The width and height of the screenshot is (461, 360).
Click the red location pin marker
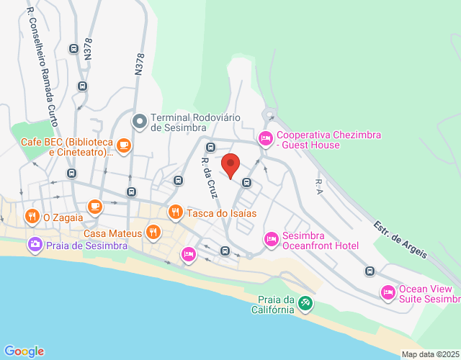(230, 165)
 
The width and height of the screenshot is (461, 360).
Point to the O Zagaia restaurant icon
(32, 216)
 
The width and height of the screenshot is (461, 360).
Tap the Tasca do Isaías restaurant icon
(175, 212)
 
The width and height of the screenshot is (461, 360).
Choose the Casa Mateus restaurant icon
(153, 233)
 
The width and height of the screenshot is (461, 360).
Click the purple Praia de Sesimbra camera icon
(35, 245)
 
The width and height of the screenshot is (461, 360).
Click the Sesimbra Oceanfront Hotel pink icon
(272, 238)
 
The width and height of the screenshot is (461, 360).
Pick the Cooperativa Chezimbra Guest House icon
(266, 137)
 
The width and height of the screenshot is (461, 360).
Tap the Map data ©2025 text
(429, 354)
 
